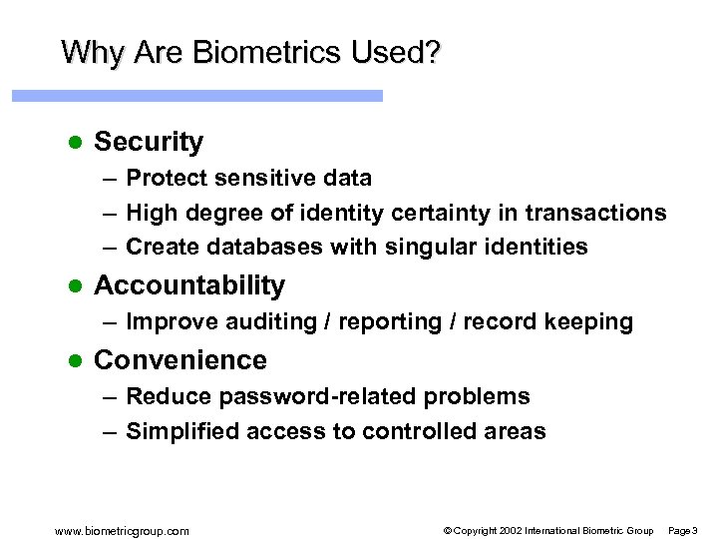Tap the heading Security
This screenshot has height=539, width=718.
point(149,142)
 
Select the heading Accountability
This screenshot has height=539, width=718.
point(189,285)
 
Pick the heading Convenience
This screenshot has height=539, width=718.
point(180,360)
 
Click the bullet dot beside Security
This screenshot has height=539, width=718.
point(72,142)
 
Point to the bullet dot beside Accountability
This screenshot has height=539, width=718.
point(72,285)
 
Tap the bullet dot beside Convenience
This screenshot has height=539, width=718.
point(72,360)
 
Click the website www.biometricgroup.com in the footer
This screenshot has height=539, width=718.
point(123,530)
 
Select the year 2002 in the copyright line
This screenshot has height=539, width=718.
point(509,530)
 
